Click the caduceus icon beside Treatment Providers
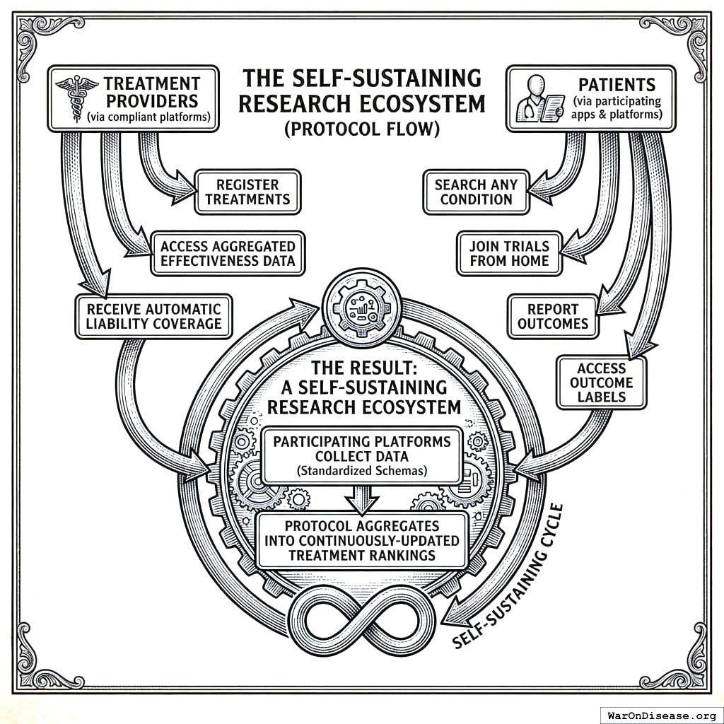71,99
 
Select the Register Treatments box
247,192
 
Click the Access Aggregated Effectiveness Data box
228,253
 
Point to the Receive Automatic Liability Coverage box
153,316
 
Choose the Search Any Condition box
476,192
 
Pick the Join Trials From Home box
508,253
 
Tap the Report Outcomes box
552,316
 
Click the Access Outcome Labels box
601,383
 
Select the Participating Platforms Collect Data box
361,455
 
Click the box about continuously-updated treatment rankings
361,541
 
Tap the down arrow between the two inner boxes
362,500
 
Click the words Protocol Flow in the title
361,129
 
